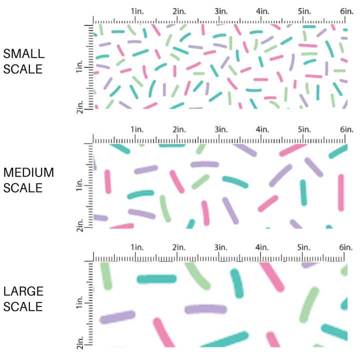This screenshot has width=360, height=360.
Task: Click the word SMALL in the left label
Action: point(23,53)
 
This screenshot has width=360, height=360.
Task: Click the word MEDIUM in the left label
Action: point(28,172)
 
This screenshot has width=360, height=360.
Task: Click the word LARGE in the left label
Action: point(24,291)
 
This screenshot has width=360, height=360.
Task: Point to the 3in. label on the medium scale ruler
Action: point(220,129)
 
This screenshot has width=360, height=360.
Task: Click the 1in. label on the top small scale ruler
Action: point(137,11)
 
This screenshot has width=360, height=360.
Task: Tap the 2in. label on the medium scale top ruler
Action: point(179,129)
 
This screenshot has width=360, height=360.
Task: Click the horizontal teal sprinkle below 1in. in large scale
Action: point(156,278)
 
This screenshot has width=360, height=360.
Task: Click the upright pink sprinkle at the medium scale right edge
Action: point(341,192)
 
